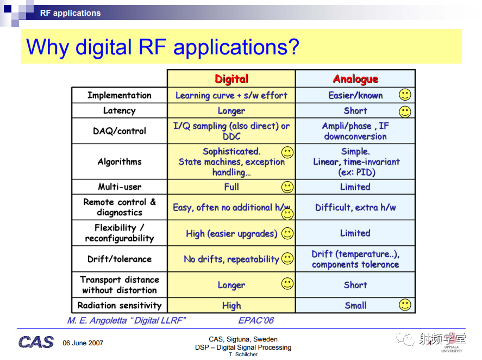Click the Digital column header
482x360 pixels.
(x=231, y=79)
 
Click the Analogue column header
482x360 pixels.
(x=355, y=79)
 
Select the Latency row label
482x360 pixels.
(x=119, y=110)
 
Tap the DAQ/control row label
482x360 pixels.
(x=119, y=131)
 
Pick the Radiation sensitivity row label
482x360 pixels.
(x=119, y=305)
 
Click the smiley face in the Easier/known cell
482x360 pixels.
(x=405, y=95)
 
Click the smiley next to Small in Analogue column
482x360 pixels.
(x=405, y=305)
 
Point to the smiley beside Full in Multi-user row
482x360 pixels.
(x=287, y=187)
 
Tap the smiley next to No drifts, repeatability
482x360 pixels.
(x=287, y=258)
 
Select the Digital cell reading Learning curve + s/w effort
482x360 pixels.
(x=231, y=95)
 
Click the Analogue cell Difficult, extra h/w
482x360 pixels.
(x=355, y=207)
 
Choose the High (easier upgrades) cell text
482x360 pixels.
(x=231, y=234)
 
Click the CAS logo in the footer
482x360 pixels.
(x=36, y=342)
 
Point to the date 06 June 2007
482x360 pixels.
(x=83, y=343)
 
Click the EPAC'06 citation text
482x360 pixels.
(x=256, y=321)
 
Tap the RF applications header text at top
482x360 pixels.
(x=71, y=13)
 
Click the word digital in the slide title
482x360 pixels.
(x=104, y=47)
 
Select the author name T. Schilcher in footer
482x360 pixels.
(x=243, y=355)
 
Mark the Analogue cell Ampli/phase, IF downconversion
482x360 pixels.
(x=355, y=131)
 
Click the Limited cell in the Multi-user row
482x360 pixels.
(x=355, y=187)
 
